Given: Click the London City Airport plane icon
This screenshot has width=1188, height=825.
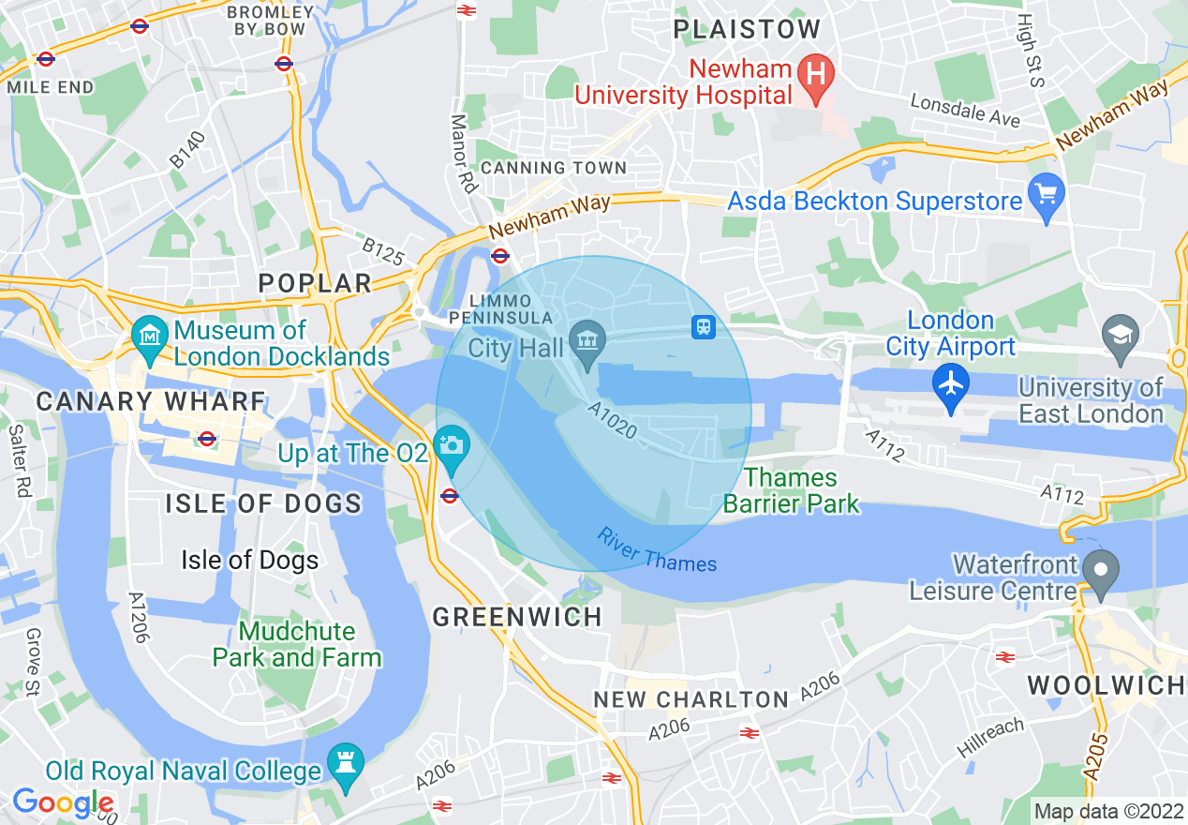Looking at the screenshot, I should (951, 382).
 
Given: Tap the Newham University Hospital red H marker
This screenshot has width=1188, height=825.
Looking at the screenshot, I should (815, 71).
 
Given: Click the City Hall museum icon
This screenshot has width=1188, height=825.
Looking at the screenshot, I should (587, 337).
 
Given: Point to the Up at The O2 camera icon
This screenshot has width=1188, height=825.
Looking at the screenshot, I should (451, 443).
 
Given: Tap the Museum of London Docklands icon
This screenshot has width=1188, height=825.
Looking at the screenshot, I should (148, 333).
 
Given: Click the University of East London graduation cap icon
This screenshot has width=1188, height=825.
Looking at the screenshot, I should (1121, 333).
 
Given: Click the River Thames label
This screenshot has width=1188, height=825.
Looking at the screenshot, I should (657, 551).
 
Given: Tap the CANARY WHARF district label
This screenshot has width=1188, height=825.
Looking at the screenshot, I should (151, 401).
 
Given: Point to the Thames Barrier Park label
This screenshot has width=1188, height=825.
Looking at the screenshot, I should (791, 491).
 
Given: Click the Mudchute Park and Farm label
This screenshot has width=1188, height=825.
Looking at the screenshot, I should (297, 644).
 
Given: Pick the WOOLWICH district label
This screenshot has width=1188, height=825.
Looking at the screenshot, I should (1106, 685).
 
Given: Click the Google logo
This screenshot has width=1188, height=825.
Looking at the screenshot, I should (63, 802).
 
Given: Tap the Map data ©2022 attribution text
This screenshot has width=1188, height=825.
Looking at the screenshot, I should (1108, 810).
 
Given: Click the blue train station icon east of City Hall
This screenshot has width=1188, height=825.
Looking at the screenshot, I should (704, 326).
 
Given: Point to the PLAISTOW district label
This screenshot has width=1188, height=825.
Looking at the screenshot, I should (747, 29).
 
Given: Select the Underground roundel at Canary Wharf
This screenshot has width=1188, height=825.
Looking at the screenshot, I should (207, 439).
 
